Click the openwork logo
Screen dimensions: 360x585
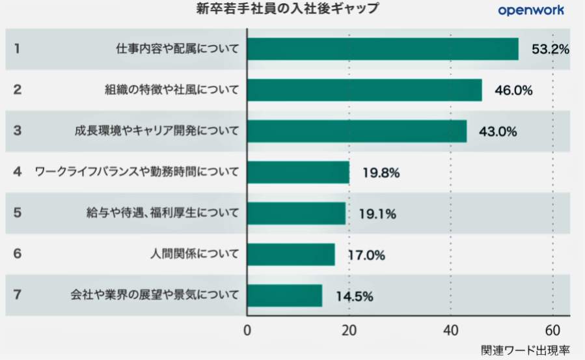pyautogui.click(x=530, y=10)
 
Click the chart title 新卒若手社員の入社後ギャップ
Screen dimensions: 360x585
pyautogui.click(x=287, y=9)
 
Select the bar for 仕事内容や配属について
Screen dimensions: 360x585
pyautogui.click(x=383, y=49)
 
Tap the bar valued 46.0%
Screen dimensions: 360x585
pyautogui.click(x=364, y=90)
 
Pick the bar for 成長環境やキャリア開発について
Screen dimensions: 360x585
pyautogui.click(x=357, y=131)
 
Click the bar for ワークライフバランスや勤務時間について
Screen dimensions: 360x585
pyautogui.click(x=298, y=172)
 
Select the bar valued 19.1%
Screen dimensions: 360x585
pyautogui.click(x=296, y=213)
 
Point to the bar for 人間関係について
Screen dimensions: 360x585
pyautogui.click(x=291, y=255)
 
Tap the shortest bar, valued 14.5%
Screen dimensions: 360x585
pyautogui.click(x=284, y=296)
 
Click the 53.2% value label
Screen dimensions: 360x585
pyautogui.click(x=551, y=49)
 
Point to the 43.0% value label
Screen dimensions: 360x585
pyautogui.click(x=498, y=132)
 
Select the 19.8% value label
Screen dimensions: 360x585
pyautogui.click(x=379, y=173)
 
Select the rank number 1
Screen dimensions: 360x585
pyautogui.click(x=18, y=49)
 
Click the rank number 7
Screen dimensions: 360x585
pyautogui.click(x=18, y=295)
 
